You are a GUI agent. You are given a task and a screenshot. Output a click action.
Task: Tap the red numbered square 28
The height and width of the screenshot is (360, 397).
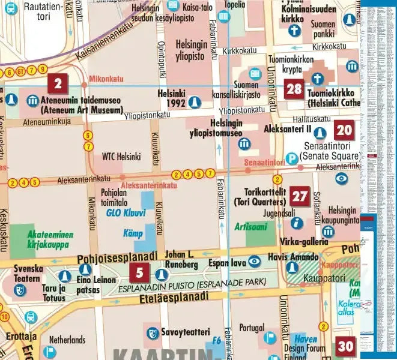294,90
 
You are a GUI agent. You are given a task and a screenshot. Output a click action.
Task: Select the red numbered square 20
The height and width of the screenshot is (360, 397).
344,130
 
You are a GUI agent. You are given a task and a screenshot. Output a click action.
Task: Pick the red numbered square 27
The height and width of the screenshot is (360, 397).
300,196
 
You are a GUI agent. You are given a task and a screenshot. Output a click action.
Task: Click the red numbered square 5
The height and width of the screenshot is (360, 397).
139,273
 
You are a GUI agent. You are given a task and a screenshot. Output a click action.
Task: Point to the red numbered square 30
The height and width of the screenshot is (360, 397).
345,346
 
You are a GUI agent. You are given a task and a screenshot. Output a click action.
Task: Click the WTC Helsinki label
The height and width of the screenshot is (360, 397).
121,157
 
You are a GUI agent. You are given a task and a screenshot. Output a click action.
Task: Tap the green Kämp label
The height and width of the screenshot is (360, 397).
133,233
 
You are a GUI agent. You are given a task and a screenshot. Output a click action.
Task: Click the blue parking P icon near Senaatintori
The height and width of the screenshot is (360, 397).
291,158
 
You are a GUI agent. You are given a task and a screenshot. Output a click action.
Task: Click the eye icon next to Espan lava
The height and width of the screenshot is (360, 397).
254,260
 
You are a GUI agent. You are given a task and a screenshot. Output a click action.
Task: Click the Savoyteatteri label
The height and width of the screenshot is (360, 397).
184,332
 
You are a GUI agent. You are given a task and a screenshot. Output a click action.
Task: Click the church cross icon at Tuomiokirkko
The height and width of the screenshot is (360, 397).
317,78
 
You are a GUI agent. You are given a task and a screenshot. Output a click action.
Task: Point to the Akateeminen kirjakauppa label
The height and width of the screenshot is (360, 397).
47,240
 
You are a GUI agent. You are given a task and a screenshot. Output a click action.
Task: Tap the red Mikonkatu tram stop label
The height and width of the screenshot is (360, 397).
106,79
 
